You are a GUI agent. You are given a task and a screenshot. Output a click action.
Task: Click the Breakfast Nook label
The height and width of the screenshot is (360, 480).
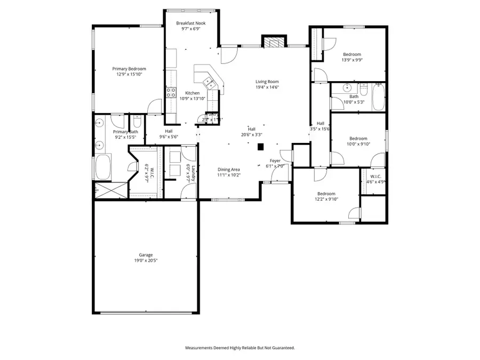coord(190,23)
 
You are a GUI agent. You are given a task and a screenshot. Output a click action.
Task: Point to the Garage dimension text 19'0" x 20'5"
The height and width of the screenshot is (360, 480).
coord(146,261)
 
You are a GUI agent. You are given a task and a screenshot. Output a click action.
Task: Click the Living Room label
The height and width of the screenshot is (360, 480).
coord(267,82)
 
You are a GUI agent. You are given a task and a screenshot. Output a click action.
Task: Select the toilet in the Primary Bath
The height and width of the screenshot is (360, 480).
coord(137,122)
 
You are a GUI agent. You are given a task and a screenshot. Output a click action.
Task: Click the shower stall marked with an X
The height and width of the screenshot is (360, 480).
coord(111,189)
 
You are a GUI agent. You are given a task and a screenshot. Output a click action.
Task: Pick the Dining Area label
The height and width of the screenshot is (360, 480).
coord(228,169)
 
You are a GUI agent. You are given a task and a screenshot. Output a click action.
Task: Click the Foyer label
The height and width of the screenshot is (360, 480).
coord(275,161)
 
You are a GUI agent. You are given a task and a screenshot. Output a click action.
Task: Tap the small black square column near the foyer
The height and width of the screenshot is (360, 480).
coord(261,147)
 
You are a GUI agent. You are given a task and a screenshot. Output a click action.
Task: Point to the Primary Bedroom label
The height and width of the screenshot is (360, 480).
coord(129,69)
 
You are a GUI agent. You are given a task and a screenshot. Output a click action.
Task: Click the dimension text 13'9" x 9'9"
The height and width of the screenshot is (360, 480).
coord(352,60)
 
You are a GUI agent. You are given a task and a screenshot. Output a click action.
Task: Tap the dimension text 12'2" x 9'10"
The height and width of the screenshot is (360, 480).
coord(326,199)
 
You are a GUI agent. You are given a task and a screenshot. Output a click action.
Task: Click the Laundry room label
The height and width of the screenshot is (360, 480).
coord(193,173)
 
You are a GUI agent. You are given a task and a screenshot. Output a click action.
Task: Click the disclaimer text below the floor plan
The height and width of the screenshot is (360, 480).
coord(239,348)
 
